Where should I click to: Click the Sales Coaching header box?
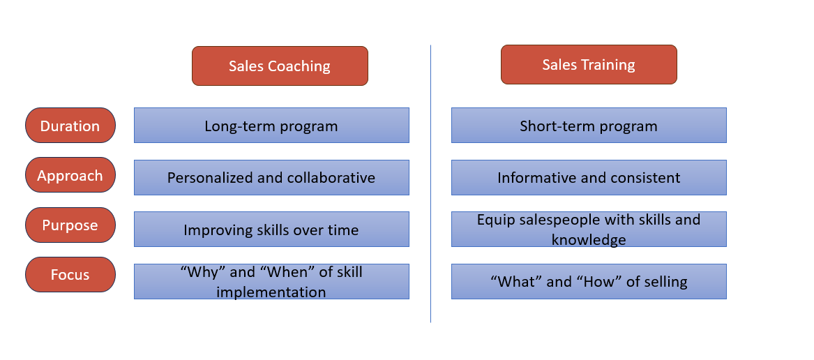tap(280, 66)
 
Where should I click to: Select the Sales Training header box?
tap(589, 65)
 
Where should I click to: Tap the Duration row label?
tap(70, 126)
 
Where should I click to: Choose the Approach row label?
tap(70, 176)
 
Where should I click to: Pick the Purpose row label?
tap(70, 225)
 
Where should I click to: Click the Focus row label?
tap(70, 275)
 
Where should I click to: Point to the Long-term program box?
tap(271, 126)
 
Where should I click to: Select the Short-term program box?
tap(589, 126)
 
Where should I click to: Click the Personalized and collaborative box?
tap(271, 177)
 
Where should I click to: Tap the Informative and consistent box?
tap(589, 177)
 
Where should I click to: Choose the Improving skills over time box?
tap(271, 230)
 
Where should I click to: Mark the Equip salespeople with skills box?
tap(589, 230)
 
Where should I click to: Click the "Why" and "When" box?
tap(271, 282)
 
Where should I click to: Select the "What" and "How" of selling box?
tap(589, 282)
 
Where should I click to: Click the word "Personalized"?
tap(209, 178)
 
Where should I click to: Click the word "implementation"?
tap(271, 292)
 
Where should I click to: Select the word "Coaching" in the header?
tap(300, 67)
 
